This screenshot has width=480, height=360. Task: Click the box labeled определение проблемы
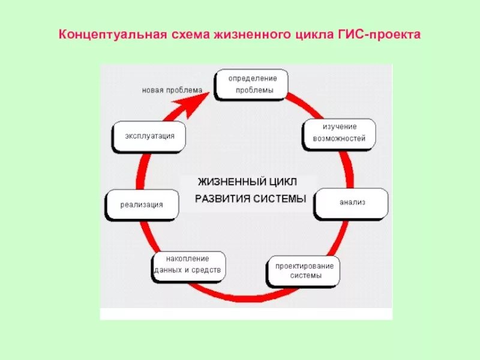point(251,84)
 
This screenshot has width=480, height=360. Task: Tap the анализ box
point(352,203)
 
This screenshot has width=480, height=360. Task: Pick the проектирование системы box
point(304,271)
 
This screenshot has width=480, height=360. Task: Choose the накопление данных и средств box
point(188,265)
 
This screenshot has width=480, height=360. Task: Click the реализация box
point(142,205)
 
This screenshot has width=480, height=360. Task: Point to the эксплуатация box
point(149,136)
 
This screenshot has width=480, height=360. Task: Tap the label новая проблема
point(172,91)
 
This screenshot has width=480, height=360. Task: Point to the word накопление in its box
point(188,259)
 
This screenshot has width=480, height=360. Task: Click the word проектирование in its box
point(304,266)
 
